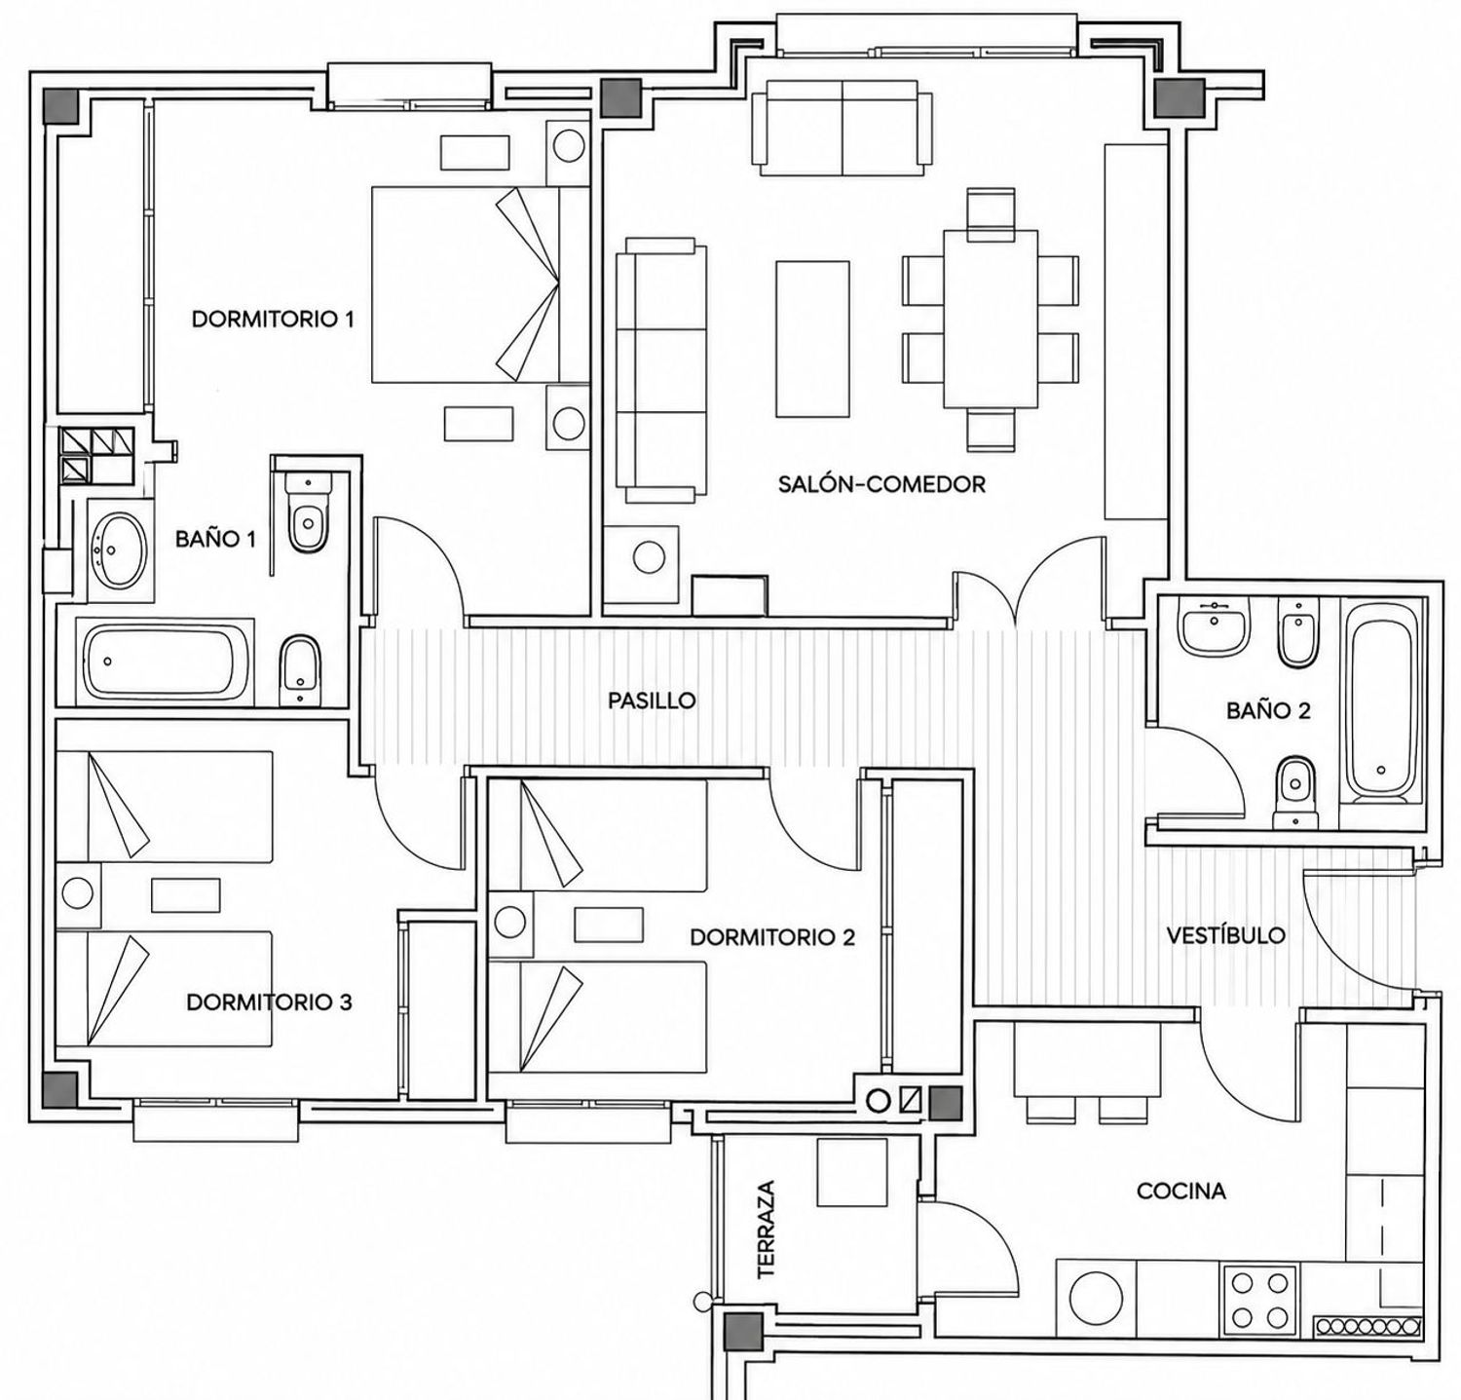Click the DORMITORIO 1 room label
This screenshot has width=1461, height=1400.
[x=273, y=319]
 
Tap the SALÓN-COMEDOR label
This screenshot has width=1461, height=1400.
[x=881, y=483]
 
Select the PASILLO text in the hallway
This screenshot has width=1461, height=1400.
[x=652, y=700]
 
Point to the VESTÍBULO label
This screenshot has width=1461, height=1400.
[x=1226, y=935]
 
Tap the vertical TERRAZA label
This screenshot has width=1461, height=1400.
[x=767, y=1230]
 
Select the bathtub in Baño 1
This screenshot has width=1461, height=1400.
[x=166, y=662]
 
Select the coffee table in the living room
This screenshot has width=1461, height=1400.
[x=813, y=338]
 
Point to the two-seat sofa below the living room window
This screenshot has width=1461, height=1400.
[x=841, y=128]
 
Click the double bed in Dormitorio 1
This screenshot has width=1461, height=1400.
[x=467, y=284]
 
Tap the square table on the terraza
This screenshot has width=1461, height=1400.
[x=851, y=1172]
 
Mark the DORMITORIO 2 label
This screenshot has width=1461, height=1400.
[x=772, y=937]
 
